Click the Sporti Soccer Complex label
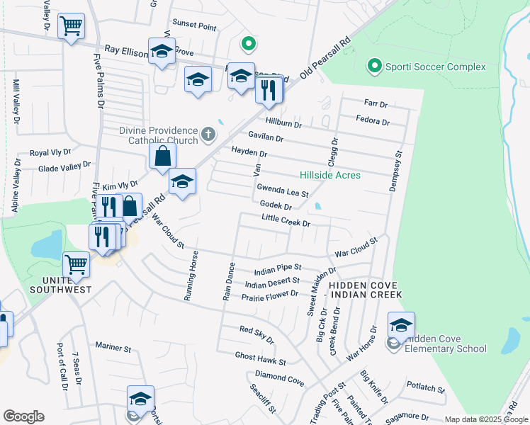pyautogui.click(x=435, y=67)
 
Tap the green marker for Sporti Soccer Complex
pyautogui.click(x=375, y=67)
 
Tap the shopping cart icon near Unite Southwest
pyautogui.click(x=76, y=264)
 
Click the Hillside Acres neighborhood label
pyautogui.click(x=329, y=175)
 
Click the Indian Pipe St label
pyautogui.click(x=278, y=270)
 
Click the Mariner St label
pyautogui.click(x=113, y=348)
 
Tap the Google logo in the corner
pyautogui.click(x=23, y=416)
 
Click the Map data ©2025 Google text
pyautogui.click(x=485, y=419)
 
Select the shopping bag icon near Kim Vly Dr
pyautogui.click(x=163, y=157)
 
